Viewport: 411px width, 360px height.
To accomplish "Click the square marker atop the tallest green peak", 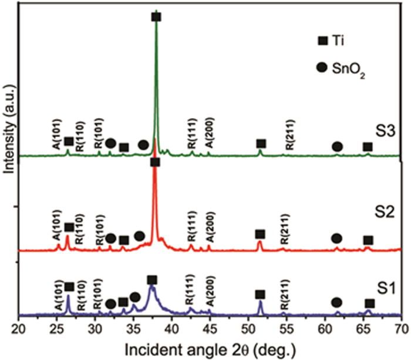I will [156, 17].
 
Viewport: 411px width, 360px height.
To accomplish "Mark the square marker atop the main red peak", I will [155, 162].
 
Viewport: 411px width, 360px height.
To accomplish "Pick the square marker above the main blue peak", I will [152, 280].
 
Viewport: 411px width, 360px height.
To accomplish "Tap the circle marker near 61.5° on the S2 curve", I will [336, 238].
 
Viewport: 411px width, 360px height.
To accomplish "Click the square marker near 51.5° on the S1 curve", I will [260, 294].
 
